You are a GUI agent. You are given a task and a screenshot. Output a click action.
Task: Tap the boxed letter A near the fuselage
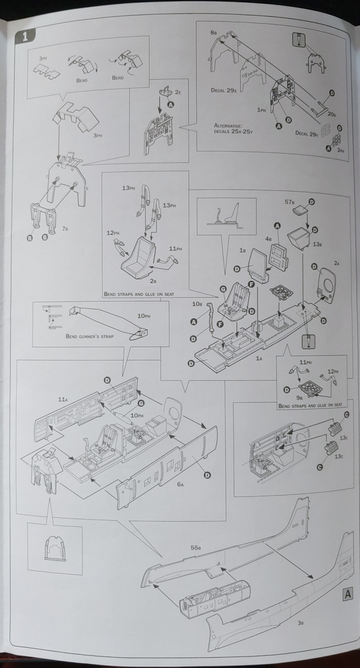pos(348,594)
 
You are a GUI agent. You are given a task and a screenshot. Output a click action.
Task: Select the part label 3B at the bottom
pos(301,623)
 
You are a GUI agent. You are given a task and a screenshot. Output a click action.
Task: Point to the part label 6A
pos(181,483)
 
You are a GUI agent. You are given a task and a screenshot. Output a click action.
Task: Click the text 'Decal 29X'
pos(223,89)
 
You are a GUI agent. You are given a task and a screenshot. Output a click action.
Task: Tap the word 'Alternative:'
pos(228,125)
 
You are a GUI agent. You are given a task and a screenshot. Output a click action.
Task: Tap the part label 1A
pos(259,358)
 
